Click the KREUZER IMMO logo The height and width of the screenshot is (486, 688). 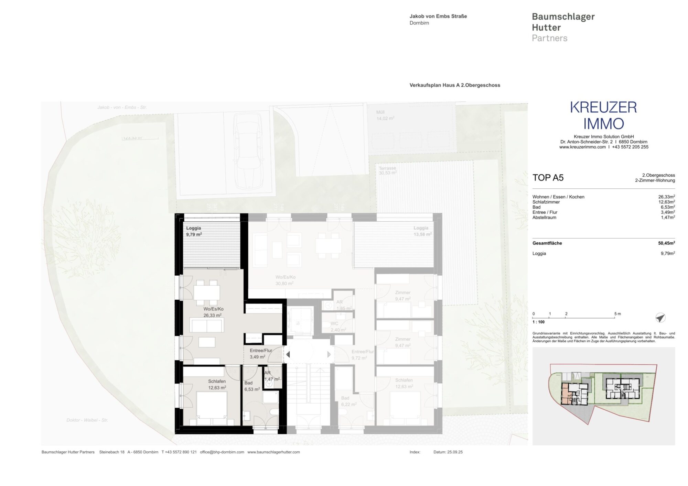(603, 115)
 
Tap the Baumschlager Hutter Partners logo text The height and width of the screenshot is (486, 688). (563, 27)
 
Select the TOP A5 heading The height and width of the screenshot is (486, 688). (548, 178)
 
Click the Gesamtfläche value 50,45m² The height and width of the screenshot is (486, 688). (666, 243)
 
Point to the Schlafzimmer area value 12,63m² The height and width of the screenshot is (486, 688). (666, 202)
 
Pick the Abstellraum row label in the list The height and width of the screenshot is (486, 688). (544, 218)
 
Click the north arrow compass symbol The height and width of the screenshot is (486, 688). (660, 318)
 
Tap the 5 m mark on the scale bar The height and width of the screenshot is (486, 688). (617, 314)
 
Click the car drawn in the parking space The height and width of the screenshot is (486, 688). (248, 151)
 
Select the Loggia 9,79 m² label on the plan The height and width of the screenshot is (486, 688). (194, 231)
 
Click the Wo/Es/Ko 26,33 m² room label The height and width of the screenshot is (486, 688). (213, 312)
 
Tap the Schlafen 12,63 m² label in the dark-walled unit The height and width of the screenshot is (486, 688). (217, 384)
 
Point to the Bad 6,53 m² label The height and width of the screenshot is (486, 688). (251, 386)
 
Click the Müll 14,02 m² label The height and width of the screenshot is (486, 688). (385, 115)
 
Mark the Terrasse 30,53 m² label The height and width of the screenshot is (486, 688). (387, 171)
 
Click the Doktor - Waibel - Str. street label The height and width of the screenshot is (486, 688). (87, 420)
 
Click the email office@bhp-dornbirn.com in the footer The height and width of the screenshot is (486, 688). (222, 452)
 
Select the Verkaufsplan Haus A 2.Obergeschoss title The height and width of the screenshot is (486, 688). (454, 85)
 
